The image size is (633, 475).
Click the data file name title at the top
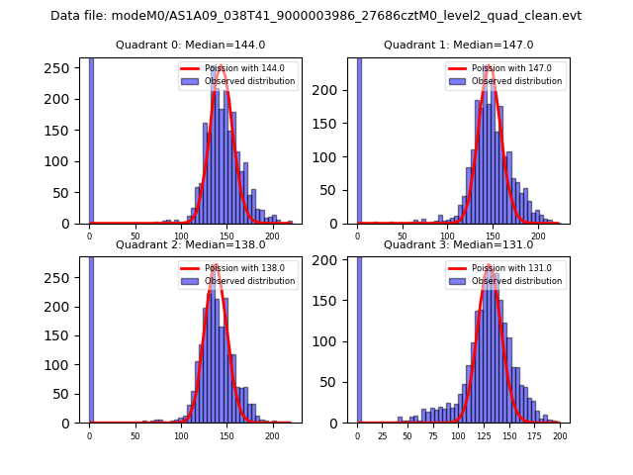[x=316, y=16]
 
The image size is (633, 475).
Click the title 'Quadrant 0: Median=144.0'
[x=191, y=45]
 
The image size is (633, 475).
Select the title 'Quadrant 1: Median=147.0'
[x=458, y=45]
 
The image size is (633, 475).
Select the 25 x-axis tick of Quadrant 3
[x=383, y=434]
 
